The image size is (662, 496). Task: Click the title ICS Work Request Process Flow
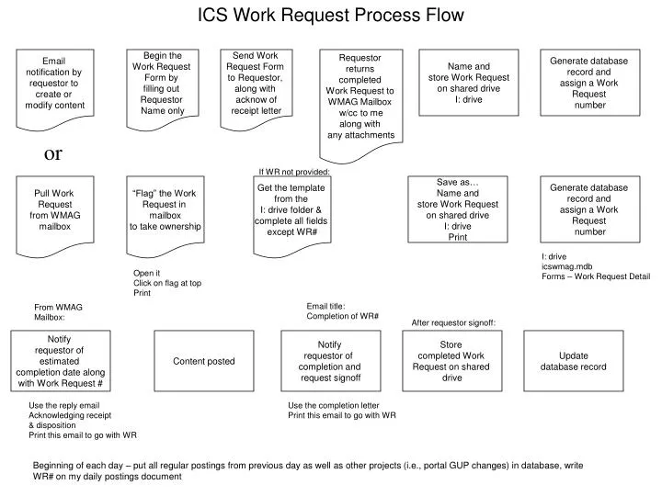point(332,16)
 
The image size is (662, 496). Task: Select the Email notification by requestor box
point(54,84)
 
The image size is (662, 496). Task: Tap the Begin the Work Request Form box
point(162,84)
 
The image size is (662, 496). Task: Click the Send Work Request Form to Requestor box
point(255,84)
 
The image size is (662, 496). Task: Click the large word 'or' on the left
point(53,153)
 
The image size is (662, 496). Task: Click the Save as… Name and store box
point(458,210)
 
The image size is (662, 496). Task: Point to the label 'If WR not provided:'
point(293,172)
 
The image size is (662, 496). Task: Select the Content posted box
point(204,362)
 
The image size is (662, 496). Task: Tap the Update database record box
point(573,362)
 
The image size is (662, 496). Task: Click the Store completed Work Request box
point(451,362)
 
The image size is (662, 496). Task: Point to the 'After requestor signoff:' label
point(453,322)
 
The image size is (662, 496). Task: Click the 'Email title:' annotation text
point(326,306)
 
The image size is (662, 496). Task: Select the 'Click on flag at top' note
point(167,283)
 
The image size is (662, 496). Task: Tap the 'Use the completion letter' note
point(333,405)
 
